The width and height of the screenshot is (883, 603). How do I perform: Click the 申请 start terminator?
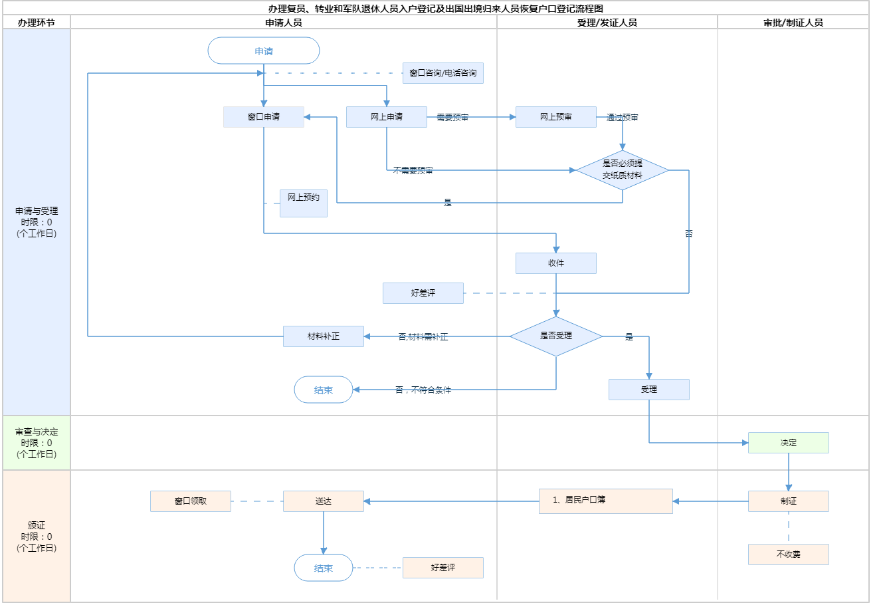[x=264, y=51]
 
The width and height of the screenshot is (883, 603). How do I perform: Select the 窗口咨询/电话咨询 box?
[x=442, y=73]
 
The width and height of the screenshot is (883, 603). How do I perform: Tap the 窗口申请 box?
[x=264, y=117]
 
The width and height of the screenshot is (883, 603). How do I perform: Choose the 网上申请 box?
[x=386, y=117]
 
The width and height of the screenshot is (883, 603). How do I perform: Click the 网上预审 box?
[x=555, y=117]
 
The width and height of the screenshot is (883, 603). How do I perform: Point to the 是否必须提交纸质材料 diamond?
[x=623, y=170]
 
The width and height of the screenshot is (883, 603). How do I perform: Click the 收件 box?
[x=555, y=263]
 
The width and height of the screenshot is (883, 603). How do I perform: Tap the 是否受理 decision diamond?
[x=556, y=336]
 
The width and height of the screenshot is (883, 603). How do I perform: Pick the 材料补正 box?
[x=323, y=336]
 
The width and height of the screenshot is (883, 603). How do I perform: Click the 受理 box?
[x=648, y=390]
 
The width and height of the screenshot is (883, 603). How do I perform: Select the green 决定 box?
[x=788, y=443]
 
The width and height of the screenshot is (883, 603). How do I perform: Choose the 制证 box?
[x=788, y=501]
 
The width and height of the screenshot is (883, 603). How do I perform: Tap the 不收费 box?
[x=788, y=554]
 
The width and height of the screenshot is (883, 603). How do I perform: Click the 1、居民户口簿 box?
[x=605, y=501]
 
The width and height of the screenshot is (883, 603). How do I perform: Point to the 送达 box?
[x=323, y=501]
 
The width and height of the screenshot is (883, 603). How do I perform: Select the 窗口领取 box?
[x=191, y=501]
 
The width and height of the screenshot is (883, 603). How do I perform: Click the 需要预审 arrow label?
[x=452, y=118]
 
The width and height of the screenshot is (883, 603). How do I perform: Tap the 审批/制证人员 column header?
[x=793, y=23]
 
